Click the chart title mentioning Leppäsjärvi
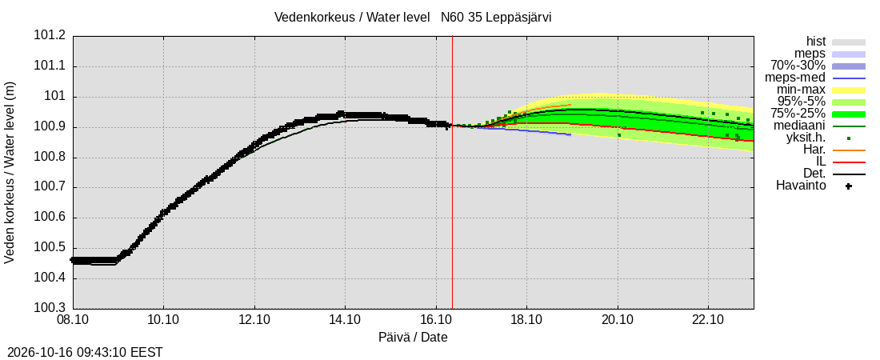click(x=413, y=17)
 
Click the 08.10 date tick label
click(x=73, y=322)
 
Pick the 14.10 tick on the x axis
click(x=345, y=322)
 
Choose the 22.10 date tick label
click(x=708, y=322)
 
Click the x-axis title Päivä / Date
click(x=413, y=338)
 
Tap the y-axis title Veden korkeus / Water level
click(x=10, y=173)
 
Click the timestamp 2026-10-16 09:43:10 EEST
click(x=82, y=353)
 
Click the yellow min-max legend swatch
click(x=849, y=90)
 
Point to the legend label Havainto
click(x=801, y=185)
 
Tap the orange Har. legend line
click(x=849, y=150)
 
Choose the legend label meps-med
click(x=795, y=78)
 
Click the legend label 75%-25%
click(x=798, y=114)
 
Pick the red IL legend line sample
click(x=849, y=162)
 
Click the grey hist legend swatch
click(x=849, y=42)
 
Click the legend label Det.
click(x=814, y=174)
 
